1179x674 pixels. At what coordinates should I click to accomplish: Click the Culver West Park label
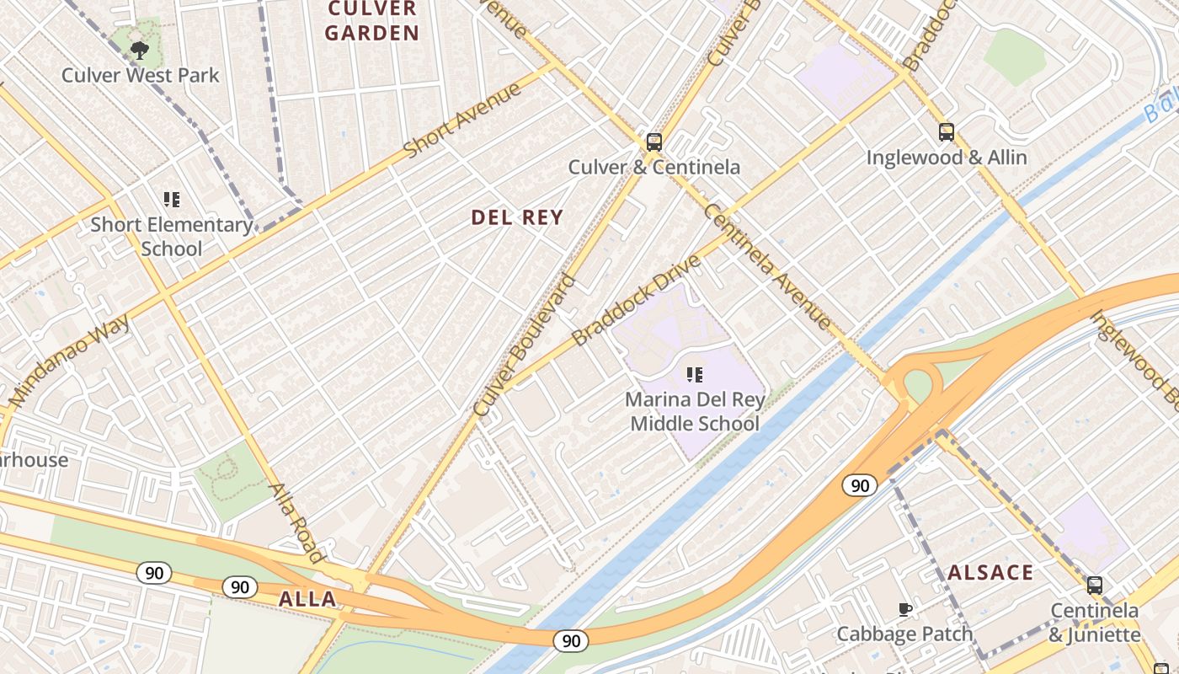pos(140,75)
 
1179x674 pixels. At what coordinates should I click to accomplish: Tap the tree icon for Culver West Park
pos(140,51)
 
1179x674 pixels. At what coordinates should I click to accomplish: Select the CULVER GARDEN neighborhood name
pos(372,22)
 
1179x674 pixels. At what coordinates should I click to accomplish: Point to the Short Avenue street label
pos(462,120)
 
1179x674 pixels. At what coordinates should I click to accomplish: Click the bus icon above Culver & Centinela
pos(654,142)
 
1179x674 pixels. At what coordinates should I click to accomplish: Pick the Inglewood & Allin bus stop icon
pos(947,132)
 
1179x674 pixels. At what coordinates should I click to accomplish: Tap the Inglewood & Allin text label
pos(947,158)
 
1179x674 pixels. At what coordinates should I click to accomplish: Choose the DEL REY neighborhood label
pos(517,217)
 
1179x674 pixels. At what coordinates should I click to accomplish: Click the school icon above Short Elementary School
pos(172,200)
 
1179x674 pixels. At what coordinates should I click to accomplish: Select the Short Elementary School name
pos(172,237)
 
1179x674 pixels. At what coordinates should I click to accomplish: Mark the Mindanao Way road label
pos(70,361)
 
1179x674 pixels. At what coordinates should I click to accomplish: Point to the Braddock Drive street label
pos(636,301)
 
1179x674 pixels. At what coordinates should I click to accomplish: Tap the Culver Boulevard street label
pos(525,345)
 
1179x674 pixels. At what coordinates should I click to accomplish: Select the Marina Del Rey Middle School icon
pos(695,374)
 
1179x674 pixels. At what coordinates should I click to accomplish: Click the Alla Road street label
pos(296,522)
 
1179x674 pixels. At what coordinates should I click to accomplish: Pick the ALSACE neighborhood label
pos(990,573)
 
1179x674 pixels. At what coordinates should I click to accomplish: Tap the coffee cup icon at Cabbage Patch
pos(905,609)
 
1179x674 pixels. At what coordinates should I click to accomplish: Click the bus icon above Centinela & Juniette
pos(1094,585)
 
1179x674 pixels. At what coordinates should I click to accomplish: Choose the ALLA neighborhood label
pos(307,600)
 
